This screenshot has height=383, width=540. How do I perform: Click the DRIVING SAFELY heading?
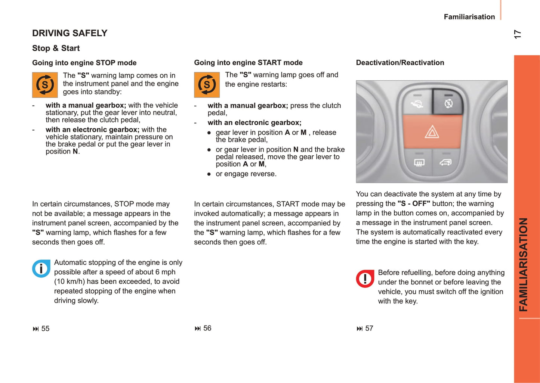[70, 33]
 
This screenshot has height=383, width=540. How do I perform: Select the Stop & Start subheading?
[56, 48]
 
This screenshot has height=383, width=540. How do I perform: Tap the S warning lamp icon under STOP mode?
[45, 85]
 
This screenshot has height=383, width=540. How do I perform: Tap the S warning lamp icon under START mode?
[207, 85]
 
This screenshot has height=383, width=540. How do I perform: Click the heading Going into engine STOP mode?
[84, 63]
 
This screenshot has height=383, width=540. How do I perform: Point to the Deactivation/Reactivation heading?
[400, 63]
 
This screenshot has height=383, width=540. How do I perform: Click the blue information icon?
[41, 268]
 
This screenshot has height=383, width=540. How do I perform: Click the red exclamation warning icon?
[365, 278]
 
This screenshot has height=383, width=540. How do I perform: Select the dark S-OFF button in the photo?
[448, 102]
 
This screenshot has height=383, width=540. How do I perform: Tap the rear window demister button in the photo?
[419, 163]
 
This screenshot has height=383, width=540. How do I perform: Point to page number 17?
[517, 34]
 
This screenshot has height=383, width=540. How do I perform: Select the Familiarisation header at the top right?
[469, 17]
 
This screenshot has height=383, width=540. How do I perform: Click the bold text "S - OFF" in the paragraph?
[414, 203]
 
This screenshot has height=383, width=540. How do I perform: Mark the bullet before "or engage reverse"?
[209, 174]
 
